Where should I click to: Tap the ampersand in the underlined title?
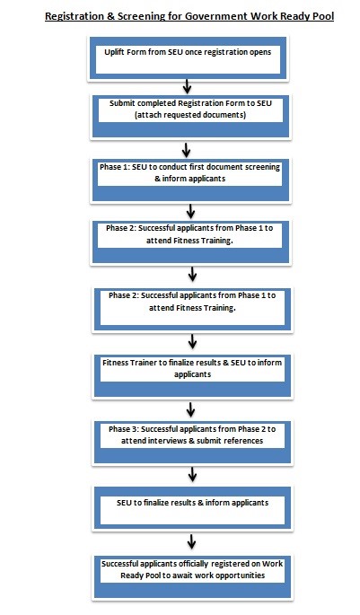111,16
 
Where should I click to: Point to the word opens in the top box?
259,53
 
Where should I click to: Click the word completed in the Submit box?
156,103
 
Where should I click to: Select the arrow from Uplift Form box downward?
187,86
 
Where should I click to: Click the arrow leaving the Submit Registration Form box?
187,150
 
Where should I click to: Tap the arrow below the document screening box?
190,211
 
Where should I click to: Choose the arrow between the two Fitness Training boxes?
192,274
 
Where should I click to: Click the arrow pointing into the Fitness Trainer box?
192,342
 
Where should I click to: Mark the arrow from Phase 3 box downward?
192,475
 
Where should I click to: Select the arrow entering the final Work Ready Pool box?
191,541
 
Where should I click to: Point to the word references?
244,441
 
